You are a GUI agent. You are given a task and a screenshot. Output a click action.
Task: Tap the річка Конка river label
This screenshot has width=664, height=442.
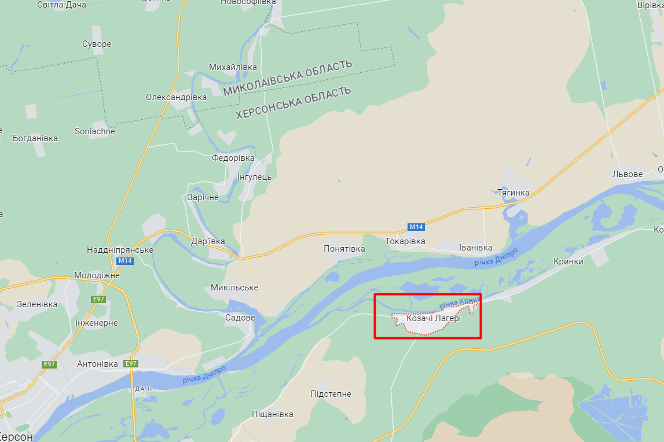[x=460, y=302]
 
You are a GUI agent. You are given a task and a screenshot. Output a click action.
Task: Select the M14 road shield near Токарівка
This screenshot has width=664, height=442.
[x=416, y=227]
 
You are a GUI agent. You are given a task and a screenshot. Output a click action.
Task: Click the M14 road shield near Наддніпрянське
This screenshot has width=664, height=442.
[x=125, y=261]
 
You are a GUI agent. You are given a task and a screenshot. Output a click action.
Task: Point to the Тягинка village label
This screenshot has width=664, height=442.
[x=513, y=192]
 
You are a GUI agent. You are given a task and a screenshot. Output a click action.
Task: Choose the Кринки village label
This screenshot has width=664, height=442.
[x=568, y=261]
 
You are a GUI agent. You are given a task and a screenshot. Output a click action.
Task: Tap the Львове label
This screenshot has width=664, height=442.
[x=628, y=174]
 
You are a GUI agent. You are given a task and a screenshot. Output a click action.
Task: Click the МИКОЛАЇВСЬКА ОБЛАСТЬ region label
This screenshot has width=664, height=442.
[x=287, y=78]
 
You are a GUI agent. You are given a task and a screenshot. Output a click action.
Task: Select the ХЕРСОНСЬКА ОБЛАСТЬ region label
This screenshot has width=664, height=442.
[x=294, y=102]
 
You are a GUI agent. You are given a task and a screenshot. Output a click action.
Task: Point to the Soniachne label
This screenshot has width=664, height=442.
[x=95, y=131]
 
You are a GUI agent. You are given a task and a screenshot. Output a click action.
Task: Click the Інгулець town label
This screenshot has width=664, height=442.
[x=254, y=177]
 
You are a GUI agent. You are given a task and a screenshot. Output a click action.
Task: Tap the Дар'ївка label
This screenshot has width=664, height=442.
[x=208, y=241]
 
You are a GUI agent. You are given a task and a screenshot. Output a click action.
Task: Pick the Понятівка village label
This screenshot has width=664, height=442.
[x=344, y=249]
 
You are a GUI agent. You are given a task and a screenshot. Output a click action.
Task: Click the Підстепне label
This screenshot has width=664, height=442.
[x=331, y=394]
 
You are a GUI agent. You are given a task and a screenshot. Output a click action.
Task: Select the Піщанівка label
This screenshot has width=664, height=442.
[x=272, y=414]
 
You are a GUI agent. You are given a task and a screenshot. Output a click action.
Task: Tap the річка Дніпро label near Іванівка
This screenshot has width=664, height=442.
[x=496, y=256]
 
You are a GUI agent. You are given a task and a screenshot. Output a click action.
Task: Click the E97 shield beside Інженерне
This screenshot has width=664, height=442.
[x=98, y=299]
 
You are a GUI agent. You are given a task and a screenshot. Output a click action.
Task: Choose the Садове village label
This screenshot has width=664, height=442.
[x=240, y=318]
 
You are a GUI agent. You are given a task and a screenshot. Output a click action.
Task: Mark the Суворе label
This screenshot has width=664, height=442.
[x=97, y=44]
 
